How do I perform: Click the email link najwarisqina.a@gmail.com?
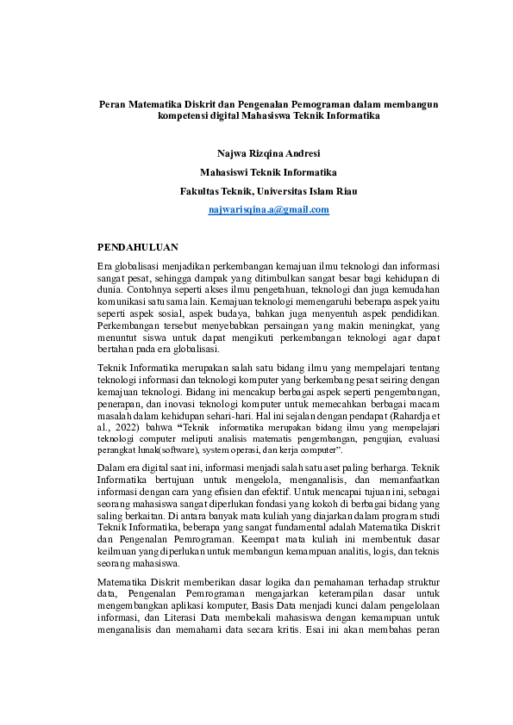(x=269, y=209)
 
